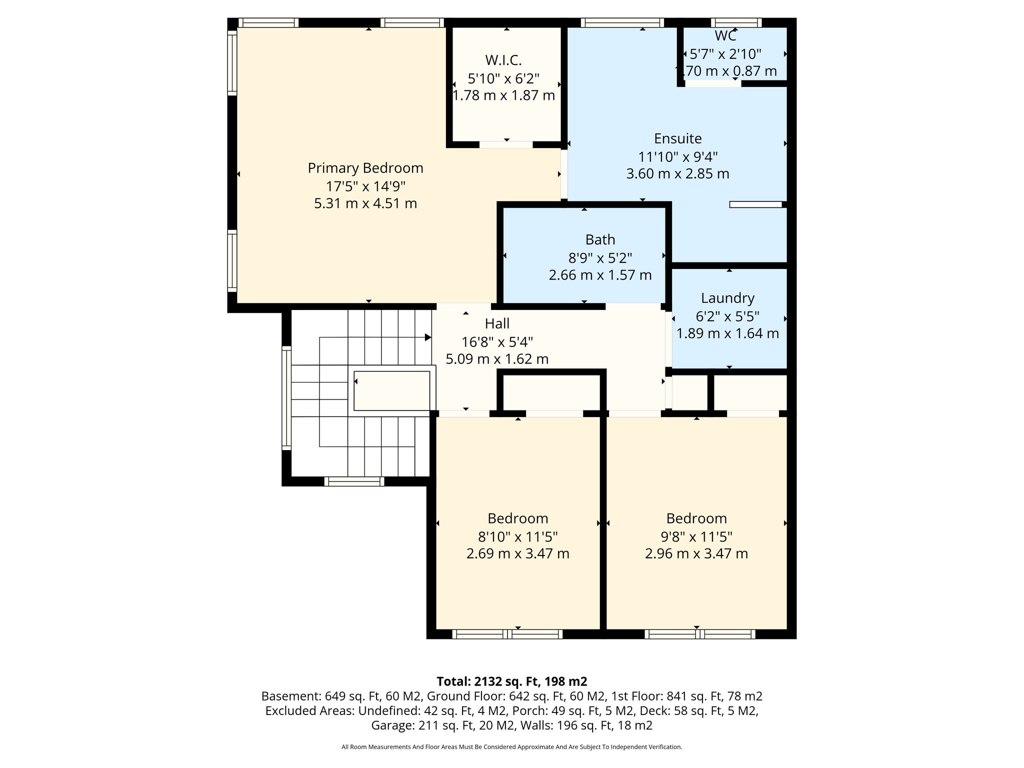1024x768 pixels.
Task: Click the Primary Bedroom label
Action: (365, 168)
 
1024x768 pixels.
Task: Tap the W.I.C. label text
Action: (503, 60)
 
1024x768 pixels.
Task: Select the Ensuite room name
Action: (678, 138)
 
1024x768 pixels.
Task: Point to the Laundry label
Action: (727, 298)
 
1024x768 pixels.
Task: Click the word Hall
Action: (497, 323)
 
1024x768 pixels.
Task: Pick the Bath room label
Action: (600, 240)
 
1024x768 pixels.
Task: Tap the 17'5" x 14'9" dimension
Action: (365, 186)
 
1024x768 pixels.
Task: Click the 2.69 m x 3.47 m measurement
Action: (518, 553)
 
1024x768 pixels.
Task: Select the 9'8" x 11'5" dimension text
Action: (696, 536)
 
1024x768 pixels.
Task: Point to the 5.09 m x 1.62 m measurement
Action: (497, 359)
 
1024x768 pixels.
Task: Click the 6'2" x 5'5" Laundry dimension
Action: (727, 316)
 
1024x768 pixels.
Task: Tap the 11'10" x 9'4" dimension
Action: (678, 157)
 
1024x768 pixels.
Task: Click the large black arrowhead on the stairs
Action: (428, 337)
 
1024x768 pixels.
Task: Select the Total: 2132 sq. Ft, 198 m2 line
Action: (511, 681)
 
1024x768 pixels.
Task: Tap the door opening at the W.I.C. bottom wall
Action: (506, 144)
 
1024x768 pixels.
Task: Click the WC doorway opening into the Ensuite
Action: (713, 83)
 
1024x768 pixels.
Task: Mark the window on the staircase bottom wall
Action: (354, 481)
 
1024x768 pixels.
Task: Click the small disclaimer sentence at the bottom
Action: (511, 747)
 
